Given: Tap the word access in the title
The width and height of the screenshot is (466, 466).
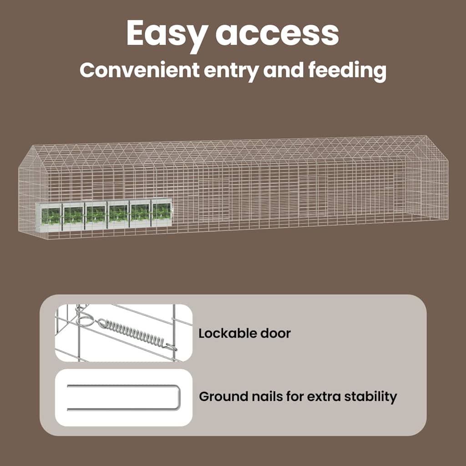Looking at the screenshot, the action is coord(277,33).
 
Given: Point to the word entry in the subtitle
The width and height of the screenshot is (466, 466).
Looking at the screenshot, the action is coord(231,71).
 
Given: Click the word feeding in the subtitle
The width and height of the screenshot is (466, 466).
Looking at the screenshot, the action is coord(347,71).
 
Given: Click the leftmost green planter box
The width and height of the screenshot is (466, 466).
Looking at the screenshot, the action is coord(50,216).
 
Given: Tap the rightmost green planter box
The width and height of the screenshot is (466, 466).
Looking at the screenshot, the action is coord(162,212).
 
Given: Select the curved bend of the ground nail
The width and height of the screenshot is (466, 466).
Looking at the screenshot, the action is coord(178,397).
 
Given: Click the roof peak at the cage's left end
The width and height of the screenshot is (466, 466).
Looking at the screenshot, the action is coord(33,145).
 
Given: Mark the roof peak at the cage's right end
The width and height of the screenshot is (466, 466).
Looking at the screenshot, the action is coord(426,136).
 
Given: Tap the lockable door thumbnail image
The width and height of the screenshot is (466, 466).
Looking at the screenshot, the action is coord(124,333).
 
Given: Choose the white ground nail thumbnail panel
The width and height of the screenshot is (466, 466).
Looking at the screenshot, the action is coord(124,397).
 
